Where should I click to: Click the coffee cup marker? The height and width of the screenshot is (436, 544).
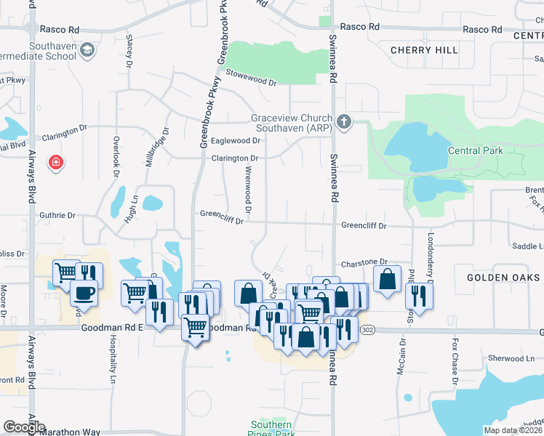pos(84,294)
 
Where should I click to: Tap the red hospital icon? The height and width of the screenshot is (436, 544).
pos(55,162)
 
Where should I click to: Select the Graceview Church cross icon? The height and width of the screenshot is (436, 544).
pos(344,121)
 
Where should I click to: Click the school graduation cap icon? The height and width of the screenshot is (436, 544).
pos(87,50)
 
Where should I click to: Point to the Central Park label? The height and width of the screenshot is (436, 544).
pos(476,150)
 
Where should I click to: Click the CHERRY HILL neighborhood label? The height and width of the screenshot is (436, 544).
pos(424,50)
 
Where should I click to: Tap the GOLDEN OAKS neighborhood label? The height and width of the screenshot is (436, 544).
pos(503,278)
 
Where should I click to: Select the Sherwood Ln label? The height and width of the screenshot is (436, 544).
pos(511,358)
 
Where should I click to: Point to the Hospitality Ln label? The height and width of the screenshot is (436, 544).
pos(113,368)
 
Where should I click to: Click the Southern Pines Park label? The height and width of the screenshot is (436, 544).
pos(271,429)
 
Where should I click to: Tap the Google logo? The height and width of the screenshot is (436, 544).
pos(23,427)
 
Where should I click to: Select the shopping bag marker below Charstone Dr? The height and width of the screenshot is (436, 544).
pos(387,278)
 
